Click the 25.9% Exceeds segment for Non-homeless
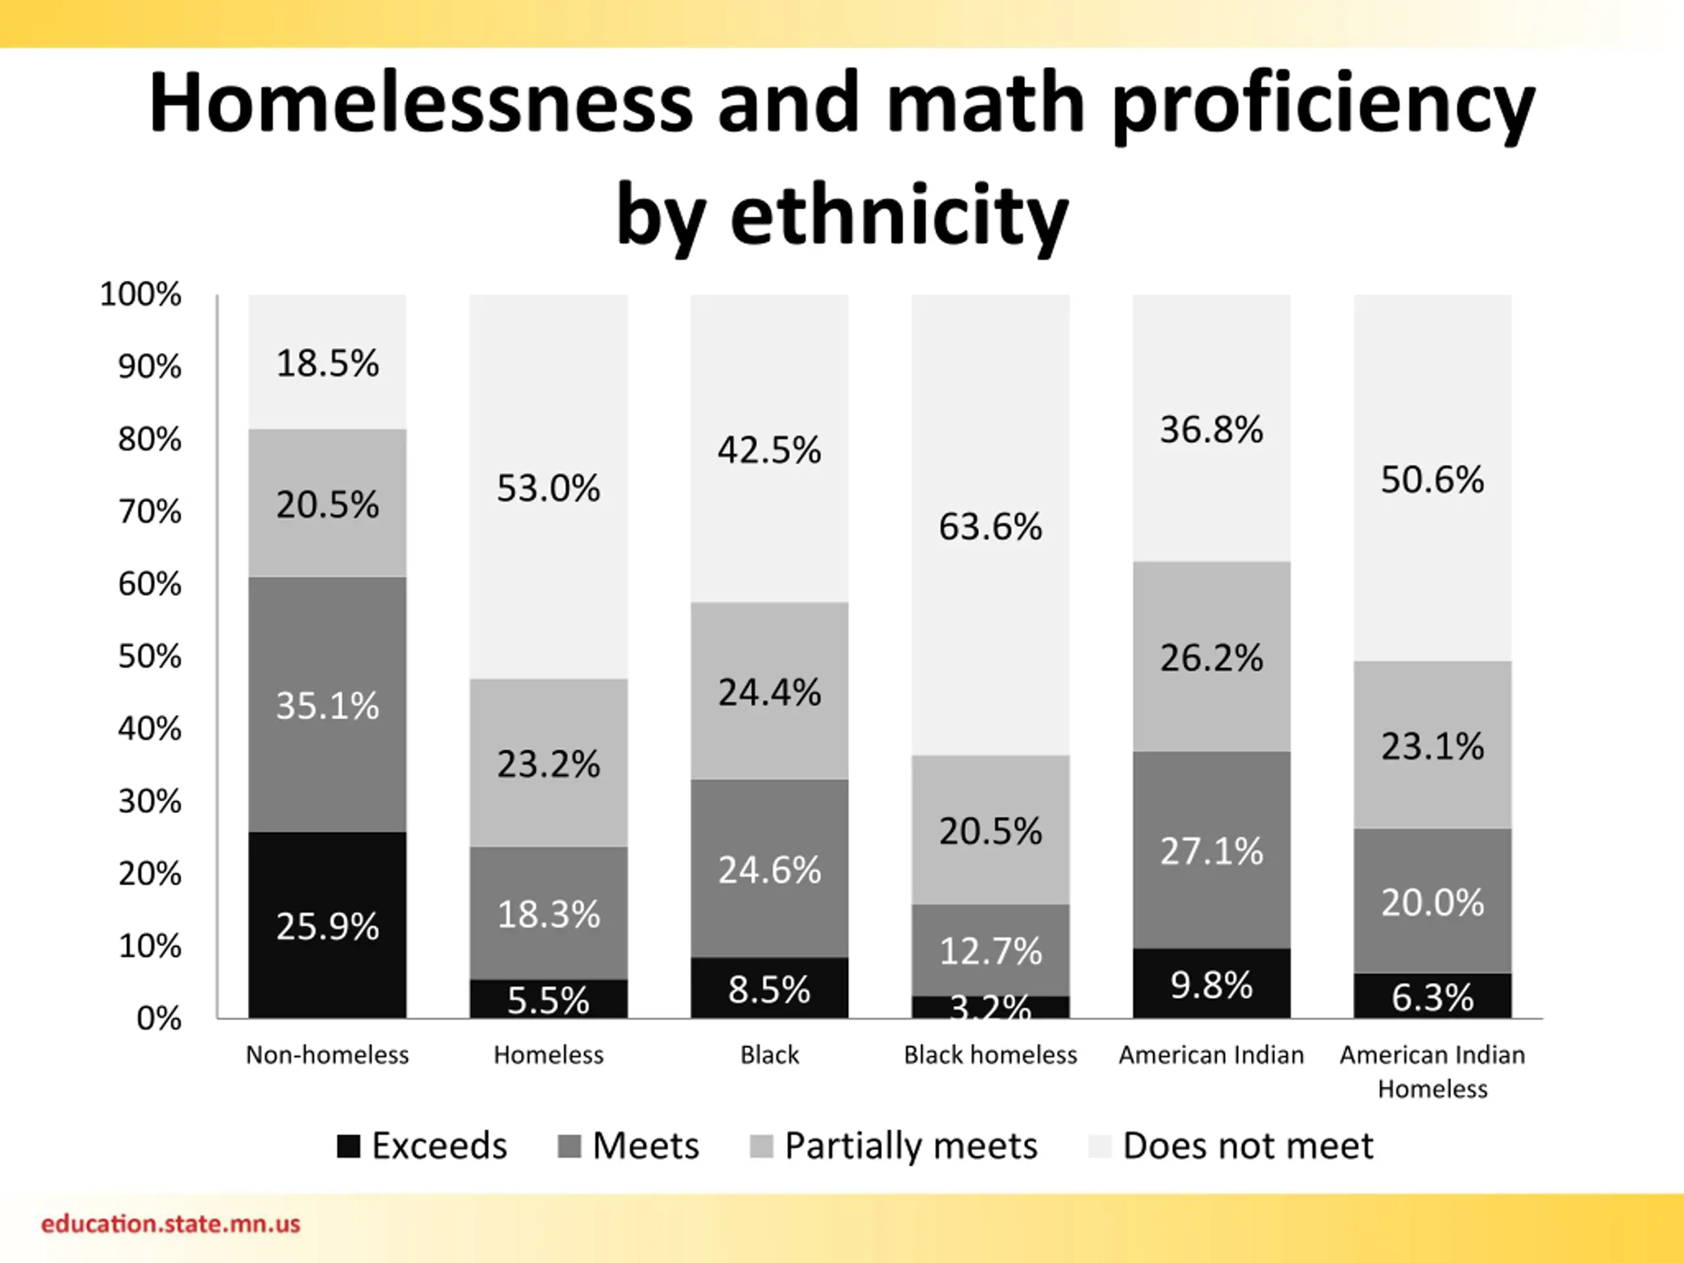(x=328, y=925)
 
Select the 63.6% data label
(x=990, y=526)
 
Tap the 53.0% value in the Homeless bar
(x=548, y=488)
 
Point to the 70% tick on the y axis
(x=150, y=512)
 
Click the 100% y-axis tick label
(x=141, y=294)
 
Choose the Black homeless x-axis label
(x=990, y=1054)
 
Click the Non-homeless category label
(x=328, y=1054)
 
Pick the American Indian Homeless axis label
(x=1432, y=1070)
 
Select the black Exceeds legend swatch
(x=349, y=1146)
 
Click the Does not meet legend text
(x=1248, y=1146)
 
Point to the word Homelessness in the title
(x=420, y=103)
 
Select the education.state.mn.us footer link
(x=170, y=1224)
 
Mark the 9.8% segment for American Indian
(x=1211, y=984)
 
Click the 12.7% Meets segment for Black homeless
(x=990, y=950)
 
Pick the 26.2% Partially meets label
(x=1211, y=657)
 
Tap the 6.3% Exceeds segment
(x=1432, y=997)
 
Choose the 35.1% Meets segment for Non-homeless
(x=328, y=705)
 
